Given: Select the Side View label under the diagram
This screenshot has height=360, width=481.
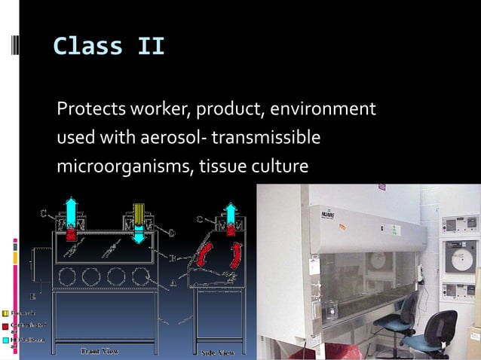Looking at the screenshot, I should (216, 352).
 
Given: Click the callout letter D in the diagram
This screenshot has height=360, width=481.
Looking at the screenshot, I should (171, 233).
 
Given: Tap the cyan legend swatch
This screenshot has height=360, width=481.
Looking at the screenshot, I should (5, 340).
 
